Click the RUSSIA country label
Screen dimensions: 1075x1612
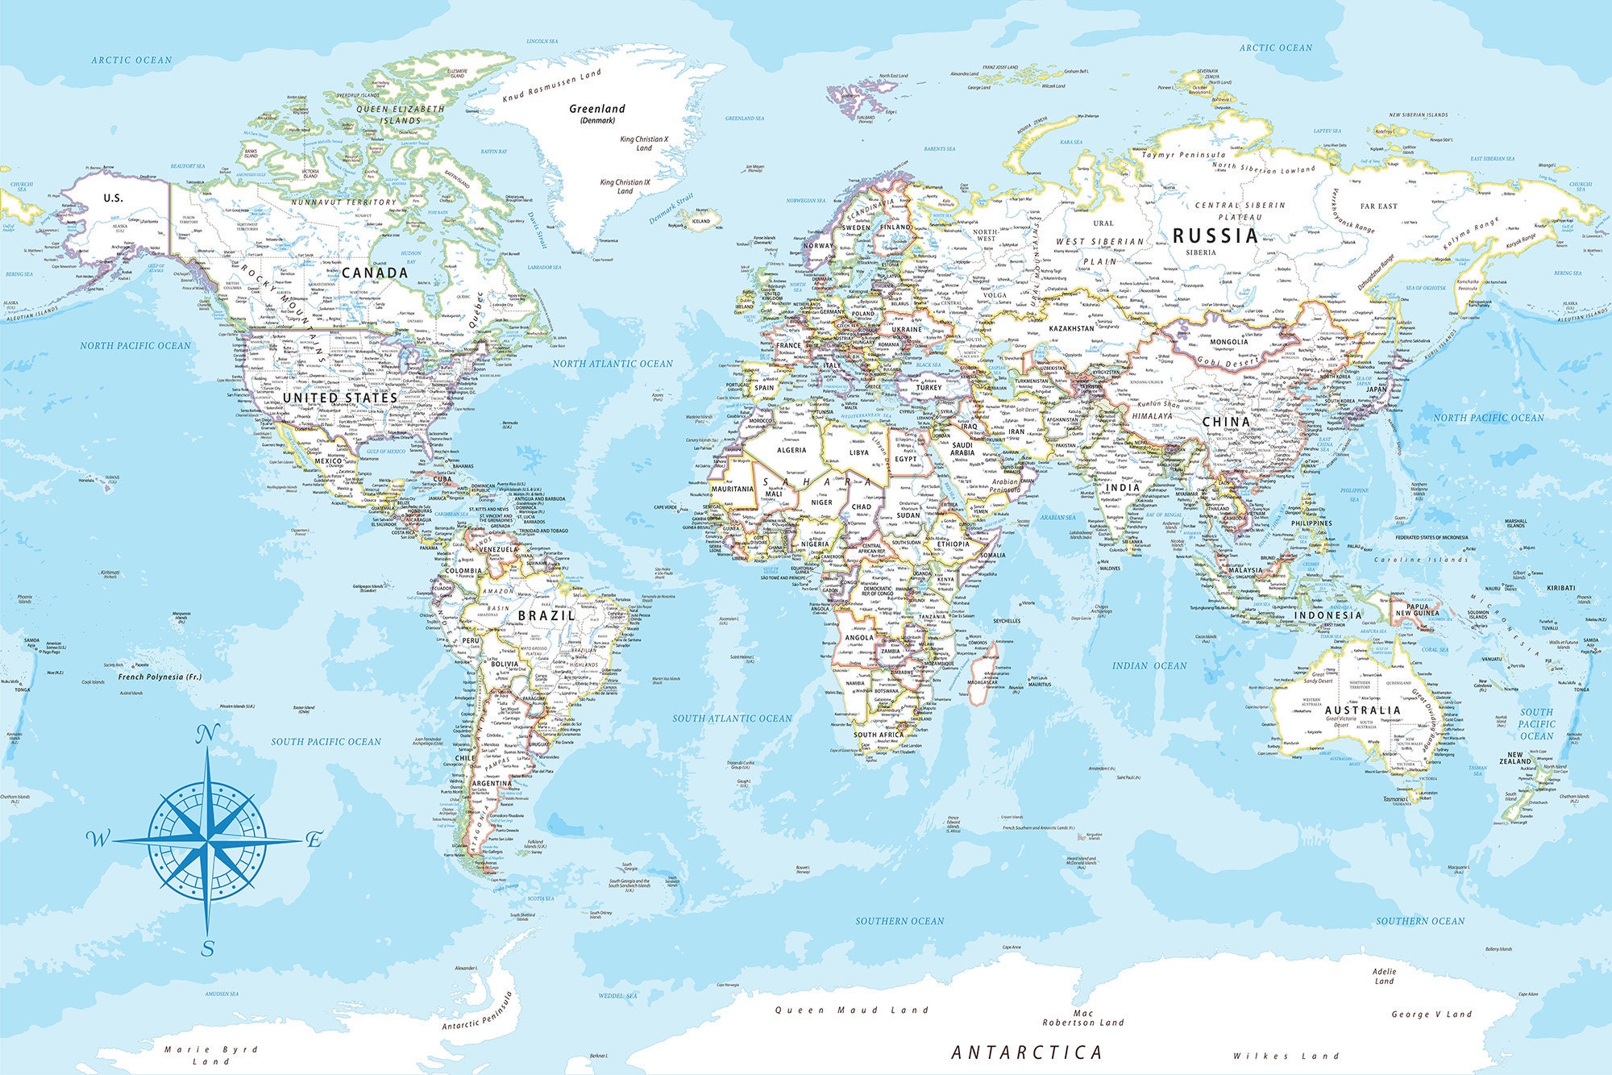[1215, 235]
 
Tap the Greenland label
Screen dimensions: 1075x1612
[596, 109]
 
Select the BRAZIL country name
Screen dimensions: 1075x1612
[546, 615]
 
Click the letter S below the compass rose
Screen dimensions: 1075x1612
[208, 948]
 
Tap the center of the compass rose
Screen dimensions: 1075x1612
[208, 840]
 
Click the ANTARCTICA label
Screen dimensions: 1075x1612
[1027, 1052]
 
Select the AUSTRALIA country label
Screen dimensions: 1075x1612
[1362, 710]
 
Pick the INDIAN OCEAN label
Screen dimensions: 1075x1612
[1149, 665]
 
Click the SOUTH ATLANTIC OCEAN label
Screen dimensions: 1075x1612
[732, 718]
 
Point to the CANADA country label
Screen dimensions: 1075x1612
[375, 273]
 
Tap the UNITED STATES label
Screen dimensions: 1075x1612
[339, 398]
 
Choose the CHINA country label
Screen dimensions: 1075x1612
[1226, 422]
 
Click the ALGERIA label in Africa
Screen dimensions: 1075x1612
[791, 450]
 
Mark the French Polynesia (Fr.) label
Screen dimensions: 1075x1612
[160, 677]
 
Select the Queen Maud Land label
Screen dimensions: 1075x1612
[852, 1010]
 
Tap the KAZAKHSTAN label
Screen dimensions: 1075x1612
[1071, 328]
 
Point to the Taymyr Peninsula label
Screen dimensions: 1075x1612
[1183, 154]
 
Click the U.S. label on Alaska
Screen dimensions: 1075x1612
[113, 198]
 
